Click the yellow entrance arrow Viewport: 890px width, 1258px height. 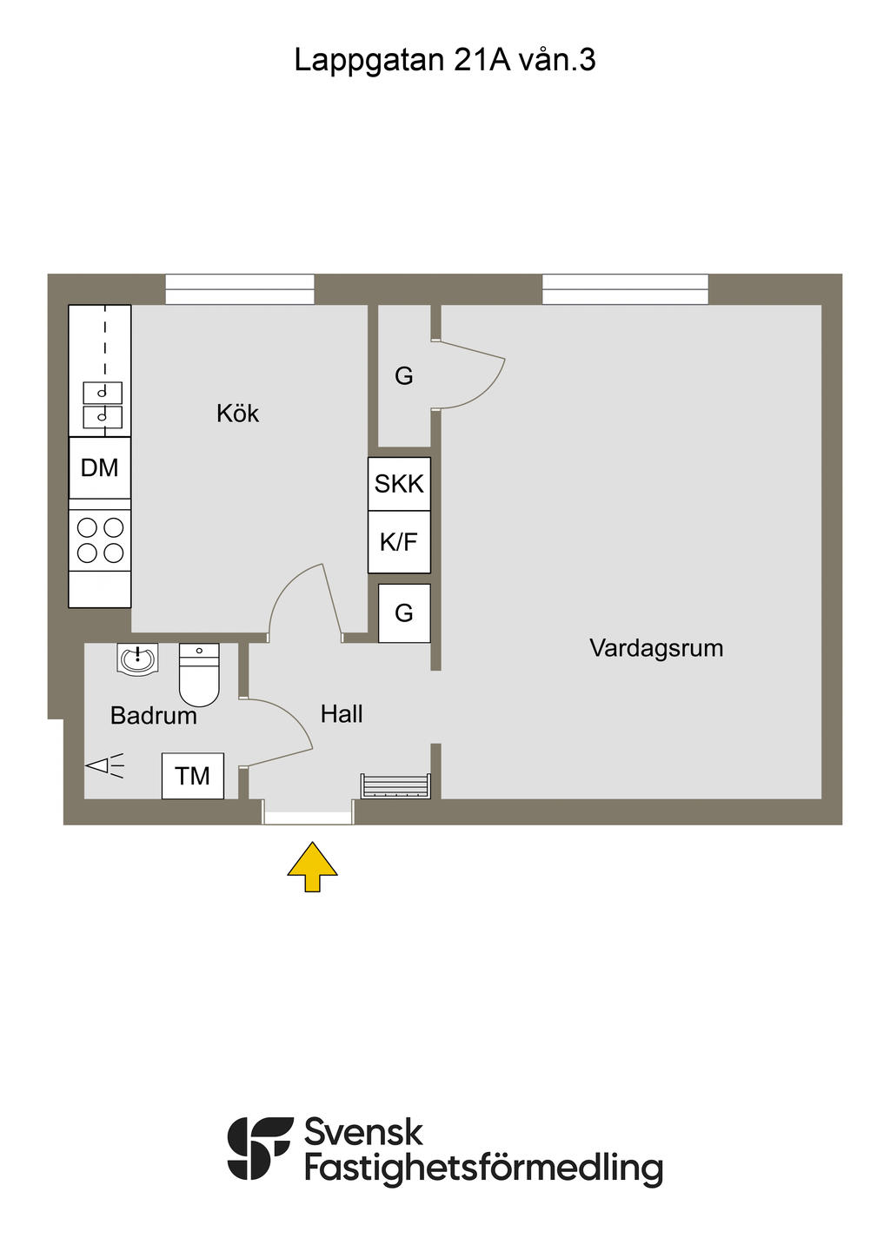(x=312, y=865)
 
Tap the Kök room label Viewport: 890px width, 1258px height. (x=237, y=414)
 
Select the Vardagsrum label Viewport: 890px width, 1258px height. (x=656, y=648)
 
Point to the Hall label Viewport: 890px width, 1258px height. (x=342, y=714)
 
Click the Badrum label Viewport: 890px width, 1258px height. (x=153, y=716)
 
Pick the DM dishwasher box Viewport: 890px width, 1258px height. (x=100, y=467)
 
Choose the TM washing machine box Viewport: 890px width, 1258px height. (x=192, y=776)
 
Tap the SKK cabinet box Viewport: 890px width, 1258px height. (x=399, y=484)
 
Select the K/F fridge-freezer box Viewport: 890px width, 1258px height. (x=399, y=542)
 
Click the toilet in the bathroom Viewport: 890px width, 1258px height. (x=199, y=675)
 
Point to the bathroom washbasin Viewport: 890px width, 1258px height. (x=136, y=659)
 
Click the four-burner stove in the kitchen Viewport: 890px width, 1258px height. (x=100, y=540)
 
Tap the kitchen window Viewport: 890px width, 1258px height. (x=240, y=289)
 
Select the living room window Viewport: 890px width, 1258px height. (x=625, y=289)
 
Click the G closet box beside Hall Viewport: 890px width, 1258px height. (x=404, y=613)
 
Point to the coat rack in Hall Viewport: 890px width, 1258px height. (x=395, y=785)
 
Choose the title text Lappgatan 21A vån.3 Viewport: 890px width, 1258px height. (x=444, y=60)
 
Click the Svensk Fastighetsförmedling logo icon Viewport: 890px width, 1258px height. (x=259, y=1148)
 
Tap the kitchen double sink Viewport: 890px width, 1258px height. (x=103, y=405)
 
